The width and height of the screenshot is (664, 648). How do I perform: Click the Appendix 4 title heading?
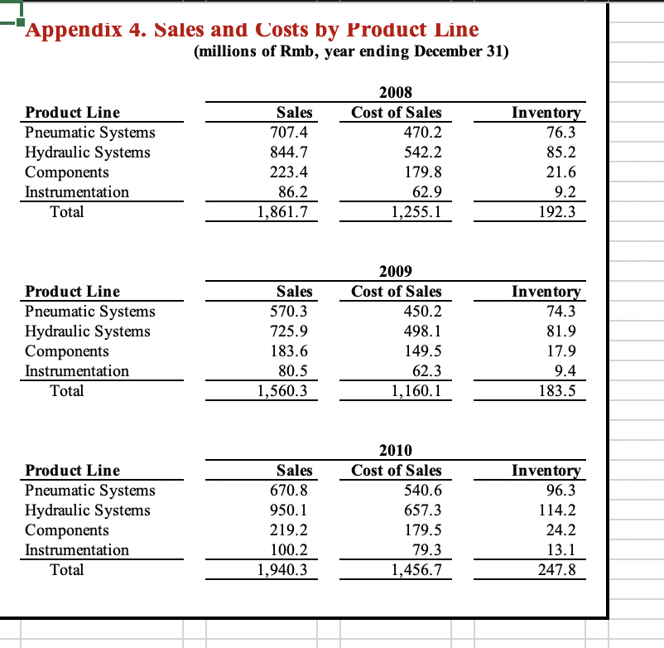tap(252, 30)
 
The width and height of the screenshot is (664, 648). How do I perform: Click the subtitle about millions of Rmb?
tap(351, 52)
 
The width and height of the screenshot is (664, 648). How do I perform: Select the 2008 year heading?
tap(396, 93)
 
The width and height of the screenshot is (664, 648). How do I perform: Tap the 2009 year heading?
tap(396, 272)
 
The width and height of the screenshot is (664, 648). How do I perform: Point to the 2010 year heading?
tap(396, 451)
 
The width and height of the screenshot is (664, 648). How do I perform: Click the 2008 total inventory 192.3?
tap(557, 212)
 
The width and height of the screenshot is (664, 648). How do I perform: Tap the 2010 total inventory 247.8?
tap(557, 570)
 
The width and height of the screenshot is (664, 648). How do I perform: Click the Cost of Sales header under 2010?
tap(397, 471)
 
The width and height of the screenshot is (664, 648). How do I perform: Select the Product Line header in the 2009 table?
tap(73, 292)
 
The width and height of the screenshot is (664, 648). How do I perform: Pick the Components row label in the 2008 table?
tap(67, 172)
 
